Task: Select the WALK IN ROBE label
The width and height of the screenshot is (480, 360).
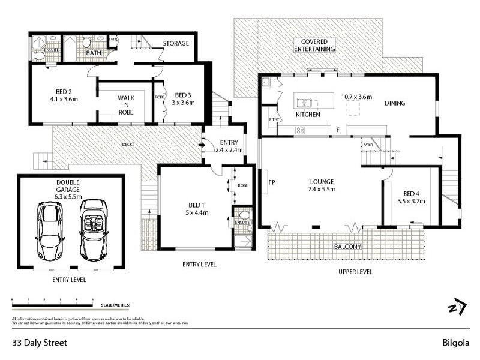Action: [125, 104]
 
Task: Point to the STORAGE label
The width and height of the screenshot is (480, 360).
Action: [176, 43]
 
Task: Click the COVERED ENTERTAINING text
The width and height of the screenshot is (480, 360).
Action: [314, 44]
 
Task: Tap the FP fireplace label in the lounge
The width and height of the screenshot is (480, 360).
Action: [271, 182]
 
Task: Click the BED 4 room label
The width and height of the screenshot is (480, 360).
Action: [413, 197]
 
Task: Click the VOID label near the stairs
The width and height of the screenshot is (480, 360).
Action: [367, 145]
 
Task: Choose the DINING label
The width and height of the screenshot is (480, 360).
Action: [395, 103]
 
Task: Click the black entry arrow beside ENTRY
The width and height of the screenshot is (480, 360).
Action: [202, 144]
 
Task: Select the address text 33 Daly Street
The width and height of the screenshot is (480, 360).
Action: [40, 343]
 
